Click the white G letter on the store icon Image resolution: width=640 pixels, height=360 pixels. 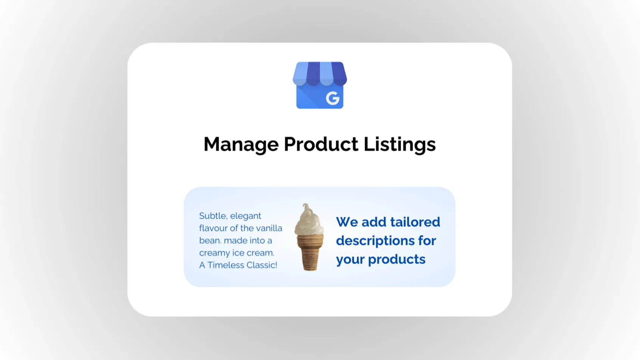pos(333,98)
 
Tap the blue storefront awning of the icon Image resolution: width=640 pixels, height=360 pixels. pos(320,74)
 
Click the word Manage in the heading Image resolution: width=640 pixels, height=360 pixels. pos(241,144)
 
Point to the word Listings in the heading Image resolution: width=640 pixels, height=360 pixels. pos(400,144)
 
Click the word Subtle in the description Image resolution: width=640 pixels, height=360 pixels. pos(213,216)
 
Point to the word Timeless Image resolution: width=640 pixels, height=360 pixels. pos(226,265)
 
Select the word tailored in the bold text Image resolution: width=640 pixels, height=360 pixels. pos(415,222)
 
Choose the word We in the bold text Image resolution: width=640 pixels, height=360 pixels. pos(347,222)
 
